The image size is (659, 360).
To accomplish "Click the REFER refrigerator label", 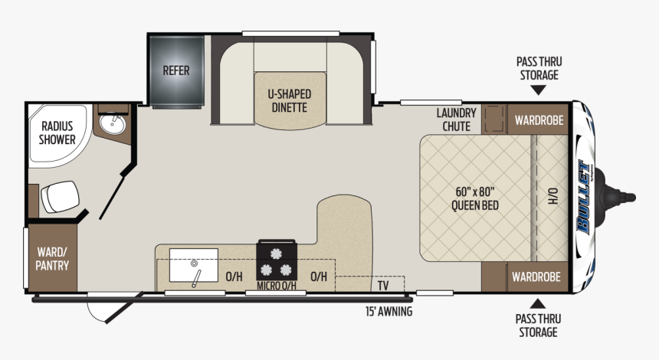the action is [x=176, y=70].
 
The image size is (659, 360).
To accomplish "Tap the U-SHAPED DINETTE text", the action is [x=289, y=101].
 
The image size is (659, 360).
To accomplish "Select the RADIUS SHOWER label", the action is [x=57, y=133].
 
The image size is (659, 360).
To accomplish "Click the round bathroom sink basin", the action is [x=113, y=123].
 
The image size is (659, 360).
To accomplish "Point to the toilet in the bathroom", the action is [x=60, y=197].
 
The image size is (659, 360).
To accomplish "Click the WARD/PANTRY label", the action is [x=52, y=259].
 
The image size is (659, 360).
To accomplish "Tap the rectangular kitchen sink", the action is [x=194, y=265].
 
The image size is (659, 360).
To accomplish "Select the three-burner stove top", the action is [x=277, y=260].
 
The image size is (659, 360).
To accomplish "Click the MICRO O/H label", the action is [x=277, y=286].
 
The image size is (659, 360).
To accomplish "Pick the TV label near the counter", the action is [x=383, y=286].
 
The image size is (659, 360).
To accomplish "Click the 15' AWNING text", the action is [x=389, y=311].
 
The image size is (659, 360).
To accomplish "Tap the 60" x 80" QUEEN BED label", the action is [x=475, y=198].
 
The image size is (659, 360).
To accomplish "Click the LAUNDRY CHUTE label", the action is [x=456, y=119].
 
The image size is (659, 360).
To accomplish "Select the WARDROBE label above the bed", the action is [x=539, y=120].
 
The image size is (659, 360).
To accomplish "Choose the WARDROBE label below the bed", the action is [x=536, y=277].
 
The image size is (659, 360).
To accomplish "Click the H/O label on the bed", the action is [x=553, y=196].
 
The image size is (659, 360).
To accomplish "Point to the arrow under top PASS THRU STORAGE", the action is [x=539, y=90].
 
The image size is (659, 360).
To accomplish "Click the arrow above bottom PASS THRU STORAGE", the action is [x=537, y=304].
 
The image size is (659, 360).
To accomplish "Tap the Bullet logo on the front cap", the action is [x=583, y=197].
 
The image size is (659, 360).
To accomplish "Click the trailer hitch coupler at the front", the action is [x=617, y=197].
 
